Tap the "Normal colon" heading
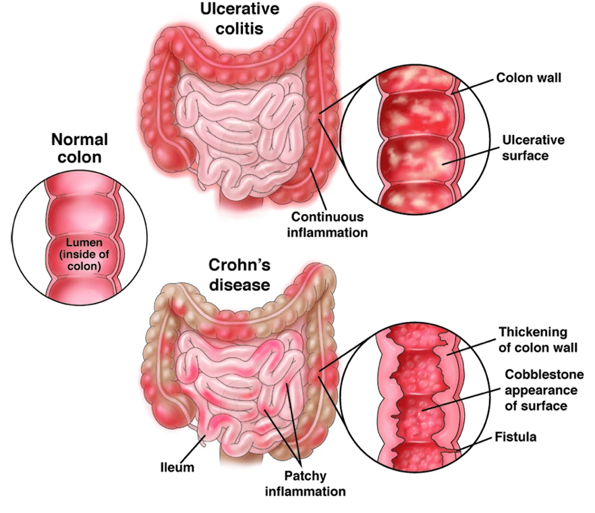[80, 148]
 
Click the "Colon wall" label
[529, 78]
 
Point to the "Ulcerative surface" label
[533, 148]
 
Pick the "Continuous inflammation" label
[329, 225]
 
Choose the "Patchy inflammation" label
[306, 483]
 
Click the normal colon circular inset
[80, 237]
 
